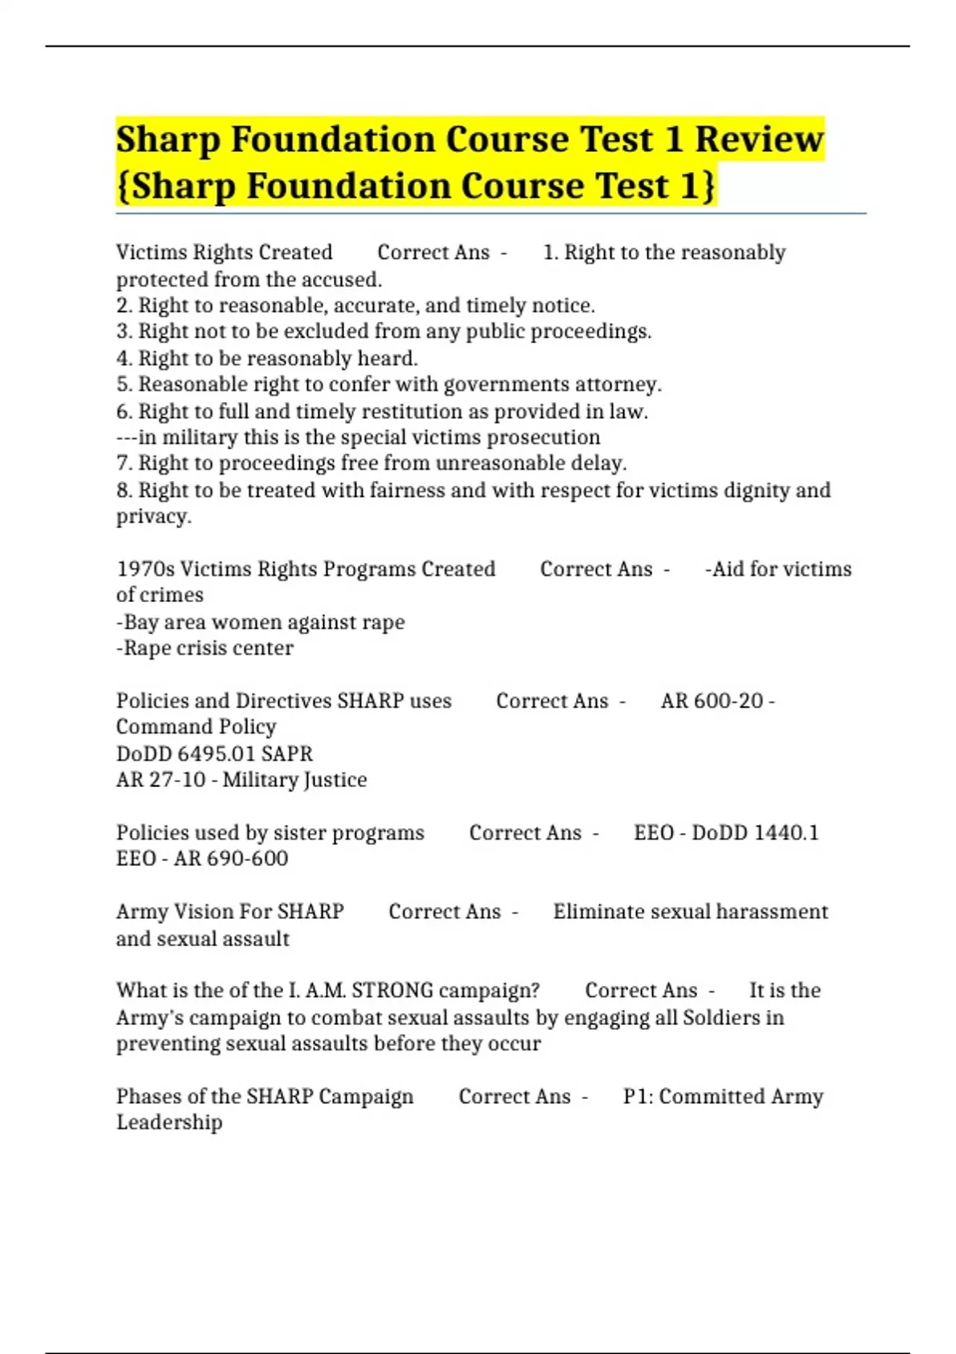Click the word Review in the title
[758, 139]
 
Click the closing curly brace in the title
[707, 186]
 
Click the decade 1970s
[145, 569]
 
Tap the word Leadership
[169, 1122]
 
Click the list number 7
[123, 464]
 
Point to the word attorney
[619, 385]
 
